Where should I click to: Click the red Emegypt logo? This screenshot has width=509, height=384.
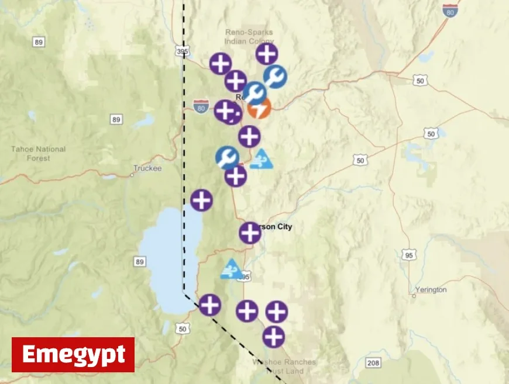pyautogui.click(x=73, y=355)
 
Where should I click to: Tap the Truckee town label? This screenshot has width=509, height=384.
pyautogui.click(x=147, y=168)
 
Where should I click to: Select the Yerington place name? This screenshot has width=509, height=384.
pyautogui.click(x=431, y=290)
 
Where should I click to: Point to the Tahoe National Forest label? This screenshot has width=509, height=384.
pyautogui.click(x=39, y=153)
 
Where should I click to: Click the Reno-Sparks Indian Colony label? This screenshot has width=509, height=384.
pyautogui.click(x=249, y=36)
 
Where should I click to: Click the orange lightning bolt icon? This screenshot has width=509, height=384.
pyautogui.click(x=259, y=109)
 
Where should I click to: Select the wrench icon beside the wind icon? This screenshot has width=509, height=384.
pyautogui.click(x=227, y=158)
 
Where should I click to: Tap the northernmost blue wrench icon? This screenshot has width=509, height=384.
pyautogui.click(x=275, y=77)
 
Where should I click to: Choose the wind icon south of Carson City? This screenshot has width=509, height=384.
pyautogui.click(x=232, y=269)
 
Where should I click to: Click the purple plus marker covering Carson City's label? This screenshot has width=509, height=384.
pyautogui.click(x=250, y=233)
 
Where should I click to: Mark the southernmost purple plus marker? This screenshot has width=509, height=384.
pyautogui.click(x=273, y=337)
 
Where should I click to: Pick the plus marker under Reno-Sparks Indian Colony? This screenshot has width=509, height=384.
pyautogui.click(x=267, y=54)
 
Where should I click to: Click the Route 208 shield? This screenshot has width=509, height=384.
pyautogui.click(x=373, y=363)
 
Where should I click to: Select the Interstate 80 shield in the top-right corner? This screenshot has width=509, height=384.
pyautogui.click(x=449, y=10)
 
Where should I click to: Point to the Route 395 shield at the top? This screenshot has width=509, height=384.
pyautogui.click(x=182, y=51)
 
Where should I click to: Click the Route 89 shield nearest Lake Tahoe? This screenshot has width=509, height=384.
pyautogui.click(x=139, y=261)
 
